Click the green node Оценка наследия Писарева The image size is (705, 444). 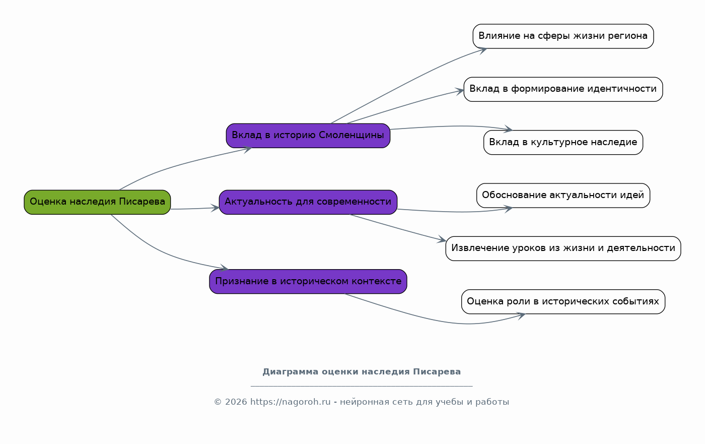[x=97, y=202]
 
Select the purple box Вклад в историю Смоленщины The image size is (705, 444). [x=308, y=136]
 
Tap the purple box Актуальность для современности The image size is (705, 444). [x=308, y=202]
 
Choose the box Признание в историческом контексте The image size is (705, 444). [x=308, y=282]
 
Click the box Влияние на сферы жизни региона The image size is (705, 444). [x=563, y=36]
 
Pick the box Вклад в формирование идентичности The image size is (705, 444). [x=563, y=89]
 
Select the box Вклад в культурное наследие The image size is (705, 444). [x=563, y=142]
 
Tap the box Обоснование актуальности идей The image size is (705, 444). [x=563, y=196]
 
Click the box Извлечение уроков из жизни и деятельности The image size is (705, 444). [x=563, y=248]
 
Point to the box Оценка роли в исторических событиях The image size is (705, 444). [x=563, y=302]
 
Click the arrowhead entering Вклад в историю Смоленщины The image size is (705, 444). [x=248, y=149]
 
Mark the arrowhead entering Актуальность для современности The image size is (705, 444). [x=215, y=208]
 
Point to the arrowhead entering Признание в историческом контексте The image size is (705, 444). [x=224, y=268]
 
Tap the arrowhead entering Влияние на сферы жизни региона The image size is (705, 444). [x=483, y=50]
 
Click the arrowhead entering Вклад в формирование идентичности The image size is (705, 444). [x=460, y=92]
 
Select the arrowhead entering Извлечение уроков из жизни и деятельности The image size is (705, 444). [x=442, y=240]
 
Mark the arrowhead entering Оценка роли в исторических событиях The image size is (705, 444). [x=521, y=315]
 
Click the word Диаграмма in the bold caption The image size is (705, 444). [x=291, y=372]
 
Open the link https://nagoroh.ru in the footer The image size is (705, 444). [x=290, y=402]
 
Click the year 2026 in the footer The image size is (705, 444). [x=236, y=402]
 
